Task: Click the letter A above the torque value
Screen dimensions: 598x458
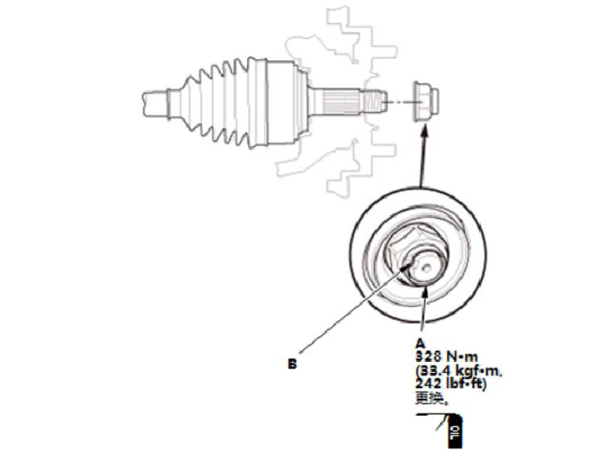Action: point(420,342)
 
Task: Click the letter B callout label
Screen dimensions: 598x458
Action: point(291,363)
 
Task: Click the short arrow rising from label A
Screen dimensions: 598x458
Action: point(423,313)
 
